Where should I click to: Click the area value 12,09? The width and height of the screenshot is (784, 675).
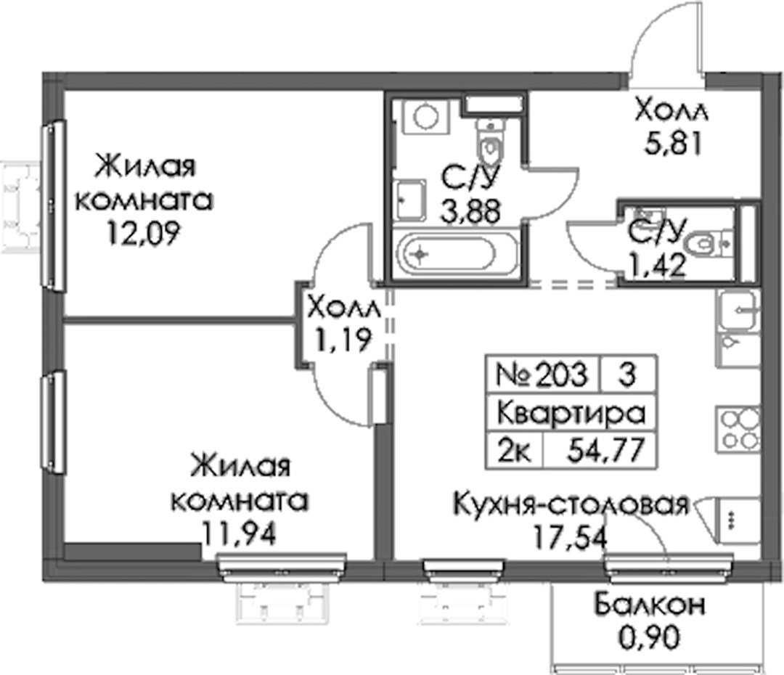[143, 234]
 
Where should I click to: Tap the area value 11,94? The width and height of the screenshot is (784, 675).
[239, 534]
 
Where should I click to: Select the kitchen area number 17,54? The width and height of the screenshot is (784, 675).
[571, 537]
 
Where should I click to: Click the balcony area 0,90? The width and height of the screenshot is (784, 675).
[650, 637]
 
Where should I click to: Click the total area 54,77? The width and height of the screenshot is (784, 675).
[605, 449]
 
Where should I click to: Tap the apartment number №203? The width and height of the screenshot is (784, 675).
[542, 374]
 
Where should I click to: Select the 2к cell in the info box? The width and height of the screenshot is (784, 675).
[513, 449]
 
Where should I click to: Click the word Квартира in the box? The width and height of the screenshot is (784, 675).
[571, 413]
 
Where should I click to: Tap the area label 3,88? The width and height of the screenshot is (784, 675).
[470, 210]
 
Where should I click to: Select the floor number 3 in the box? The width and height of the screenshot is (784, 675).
[626, 374]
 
